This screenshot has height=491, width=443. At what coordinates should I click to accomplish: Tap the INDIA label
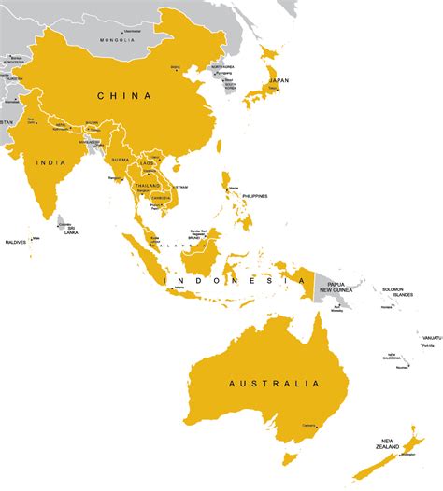50,162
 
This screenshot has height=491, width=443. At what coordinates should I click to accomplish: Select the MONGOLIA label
120,41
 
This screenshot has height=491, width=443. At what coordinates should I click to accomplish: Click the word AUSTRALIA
275,383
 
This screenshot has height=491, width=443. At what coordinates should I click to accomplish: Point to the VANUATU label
430,336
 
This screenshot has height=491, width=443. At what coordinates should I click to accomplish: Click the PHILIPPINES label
253,195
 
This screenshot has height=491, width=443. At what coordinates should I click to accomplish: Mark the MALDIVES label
14,243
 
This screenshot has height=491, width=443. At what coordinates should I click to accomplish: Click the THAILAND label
147,186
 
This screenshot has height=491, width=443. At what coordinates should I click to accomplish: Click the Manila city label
233,189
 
